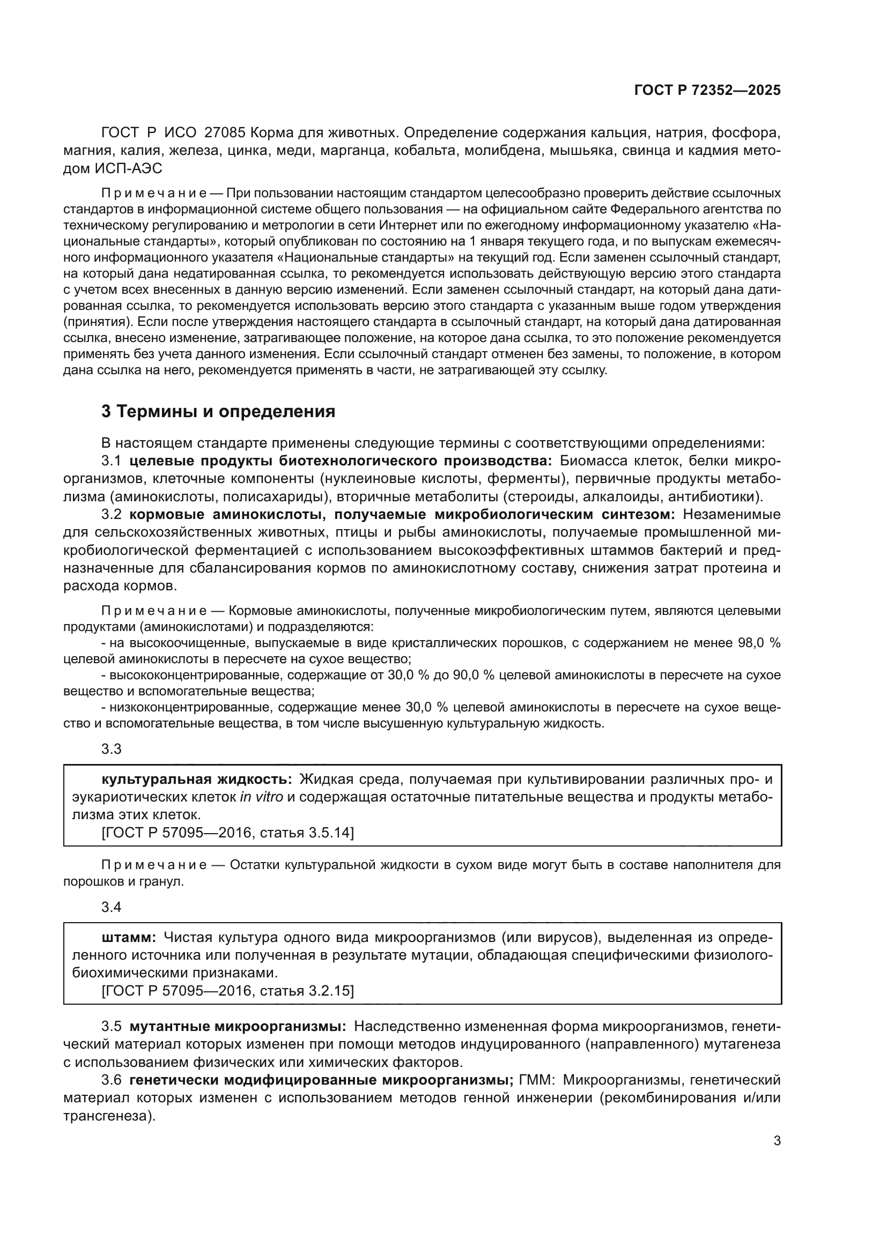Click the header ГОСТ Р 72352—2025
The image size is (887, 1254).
pyautogui.click(x=707, y=91)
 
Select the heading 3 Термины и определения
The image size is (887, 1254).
pyautogui.click(x=218, y=411)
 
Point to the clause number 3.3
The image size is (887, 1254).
pyautogui.click(x=112, y=749)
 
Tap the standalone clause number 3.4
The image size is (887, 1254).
pyautogui.click(x=112, y=907)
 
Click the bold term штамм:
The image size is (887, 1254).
pyautogui.click(x=129, y=938)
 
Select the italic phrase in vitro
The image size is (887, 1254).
pyautogui.click(x=262, y=797)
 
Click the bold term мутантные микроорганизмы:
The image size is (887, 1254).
pyautogui.click(x=238, y=1026)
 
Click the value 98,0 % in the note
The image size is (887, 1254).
pyautogui.click(x=759, y=643)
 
